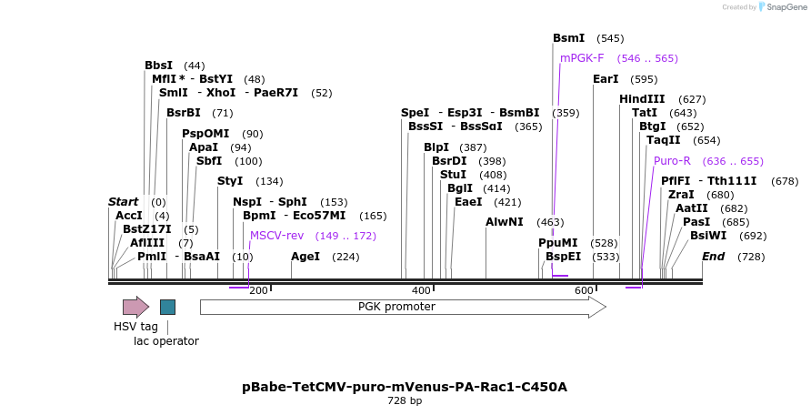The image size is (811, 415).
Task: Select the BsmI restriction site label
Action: [569, 38]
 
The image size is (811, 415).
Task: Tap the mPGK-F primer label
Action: [582, 58]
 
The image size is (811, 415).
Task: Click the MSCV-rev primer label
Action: [276, 236]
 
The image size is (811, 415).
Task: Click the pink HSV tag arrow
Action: [135, 307]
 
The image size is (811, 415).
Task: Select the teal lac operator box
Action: [167, 307]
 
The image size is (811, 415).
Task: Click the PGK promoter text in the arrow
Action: [396, 307]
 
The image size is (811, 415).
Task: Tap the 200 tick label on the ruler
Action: [258, 290]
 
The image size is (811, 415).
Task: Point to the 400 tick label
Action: [421, 290]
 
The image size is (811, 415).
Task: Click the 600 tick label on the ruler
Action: [584, 290]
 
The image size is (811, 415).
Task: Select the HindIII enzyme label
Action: [642, 99]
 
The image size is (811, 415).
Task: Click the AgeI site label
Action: [305, 257]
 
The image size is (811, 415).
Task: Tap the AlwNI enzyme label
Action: [504, 222]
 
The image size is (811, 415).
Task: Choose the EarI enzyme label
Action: [606, 79]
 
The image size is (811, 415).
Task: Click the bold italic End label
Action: [713, 257]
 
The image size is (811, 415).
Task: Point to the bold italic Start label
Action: [123, 202]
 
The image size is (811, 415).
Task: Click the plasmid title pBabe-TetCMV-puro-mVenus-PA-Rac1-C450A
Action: [405, 387]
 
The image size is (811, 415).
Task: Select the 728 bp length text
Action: [405, 400]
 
